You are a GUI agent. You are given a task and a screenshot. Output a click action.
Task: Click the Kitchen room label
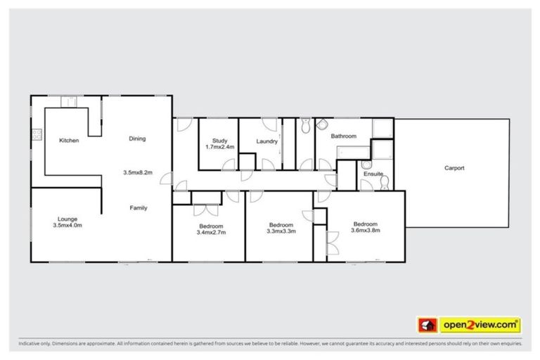[69, 141]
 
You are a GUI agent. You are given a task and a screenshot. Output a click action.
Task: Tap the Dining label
[137, 139]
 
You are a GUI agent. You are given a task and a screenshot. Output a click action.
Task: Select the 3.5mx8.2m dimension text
[138, 172]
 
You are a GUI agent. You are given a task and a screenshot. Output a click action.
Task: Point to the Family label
[137, 207]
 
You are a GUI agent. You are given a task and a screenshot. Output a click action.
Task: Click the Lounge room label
[67, 219]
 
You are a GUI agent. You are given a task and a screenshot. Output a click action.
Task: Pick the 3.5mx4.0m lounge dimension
[67, 226]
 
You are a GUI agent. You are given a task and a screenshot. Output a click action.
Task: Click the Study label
[219, 140]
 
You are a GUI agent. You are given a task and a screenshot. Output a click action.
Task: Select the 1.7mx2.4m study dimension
[219, 147]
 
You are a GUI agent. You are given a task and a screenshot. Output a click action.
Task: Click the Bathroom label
[344, 136]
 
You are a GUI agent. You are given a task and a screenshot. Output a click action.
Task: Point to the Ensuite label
[373, 174]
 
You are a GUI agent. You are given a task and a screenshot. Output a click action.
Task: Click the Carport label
[454, 168]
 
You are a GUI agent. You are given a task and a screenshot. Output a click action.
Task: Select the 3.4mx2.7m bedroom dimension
[211, 232]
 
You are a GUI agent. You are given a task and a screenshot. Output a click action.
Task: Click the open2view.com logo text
[480, 325]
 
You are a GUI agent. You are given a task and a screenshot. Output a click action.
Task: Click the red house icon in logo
[427, 326]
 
